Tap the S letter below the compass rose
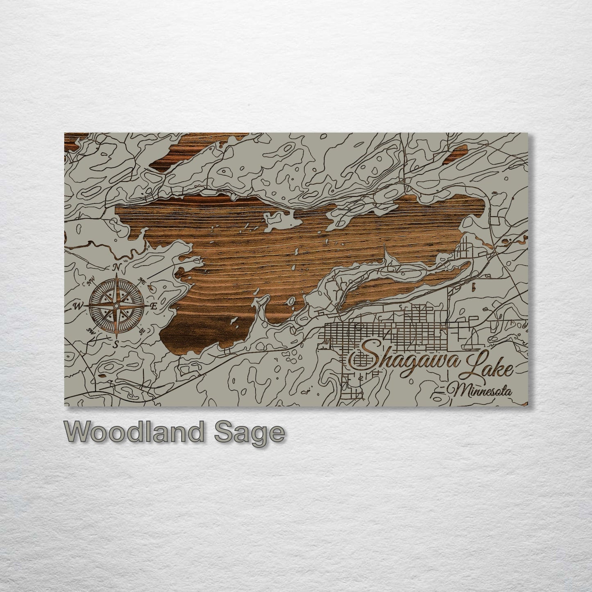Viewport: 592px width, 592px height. coord(116,344)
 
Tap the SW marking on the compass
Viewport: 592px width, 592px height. coord(90,331)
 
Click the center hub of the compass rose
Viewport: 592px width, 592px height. coord(117,306)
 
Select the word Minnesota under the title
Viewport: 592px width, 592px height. coord(482,391)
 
